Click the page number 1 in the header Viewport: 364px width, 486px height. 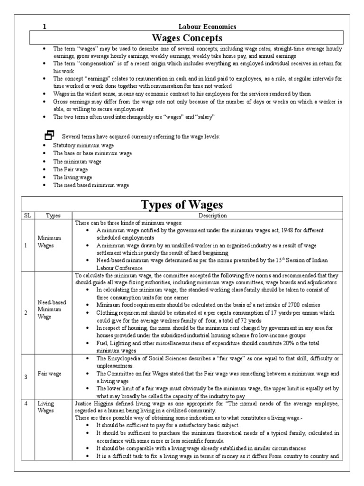pos(44,27)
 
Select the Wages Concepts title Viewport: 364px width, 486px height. pos(186,37)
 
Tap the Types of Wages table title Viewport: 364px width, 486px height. pos(182,205)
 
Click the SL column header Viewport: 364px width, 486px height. pos(27,215)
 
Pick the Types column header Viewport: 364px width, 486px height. pos(54,215)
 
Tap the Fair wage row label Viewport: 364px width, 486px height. pos(50,374)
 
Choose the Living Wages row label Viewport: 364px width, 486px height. pos(46,407)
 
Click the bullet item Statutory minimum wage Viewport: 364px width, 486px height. pos(83,145)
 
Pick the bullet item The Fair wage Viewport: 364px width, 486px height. pos(71,169)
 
